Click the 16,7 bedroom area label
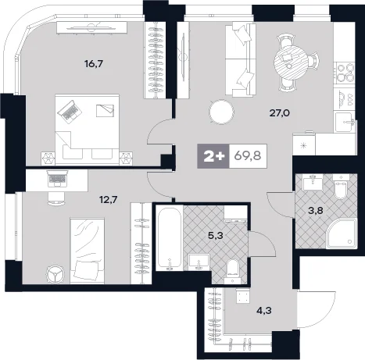pyautogui.click(x=94, y=64)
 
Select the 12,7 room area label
pyautogui.click(x=109, y=200)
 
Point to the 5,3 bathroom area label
pyautogui.click(x=216, y=236)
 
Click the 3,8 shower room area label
pyautogui.click(x=316, y=210)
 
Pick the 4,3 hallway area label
pyautogui.click(x=263, y=310)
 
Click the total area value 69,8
pyautogui.click(x=248, y=156)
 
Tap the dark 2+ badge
pyautogui.click(x=213, y=156)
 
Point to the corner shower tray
pyautogui.click(x=342, y=233)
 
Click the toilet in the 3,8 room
pyautogui.click(x=341, y=187)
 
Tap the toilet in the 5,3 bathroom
pyautogui.click(x=234, y=272)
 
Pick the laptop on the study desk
pyautogui.click(x=57, y=178)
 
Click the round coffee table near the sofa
pyautogui.click(x=221, y=112)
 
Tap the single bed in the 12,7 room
pyautogui.click(x=88, y=251)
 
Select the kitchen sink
pyautogui.click(x=345, y=122)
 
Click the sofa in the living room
pyautogui.click(x=240, y=59)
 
